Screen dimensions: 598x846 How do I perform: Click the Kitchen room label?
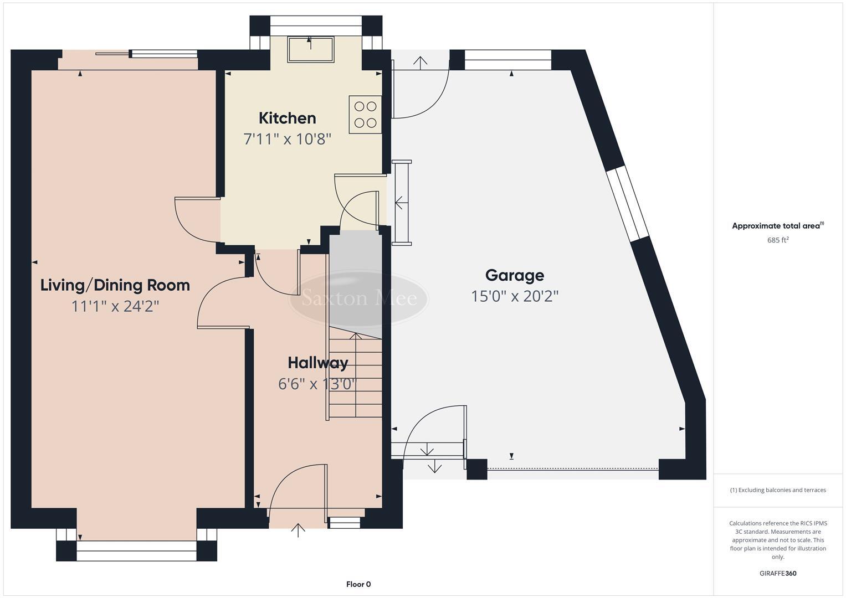pos(287,118)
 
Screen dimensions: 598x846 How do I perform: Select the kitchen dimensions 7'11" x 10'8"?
pos(287,138)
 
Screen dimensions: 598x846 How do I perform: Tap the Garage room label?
pos(514,275)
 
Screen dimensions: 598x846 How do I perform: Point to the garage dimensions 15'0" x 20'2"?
pos(514,296)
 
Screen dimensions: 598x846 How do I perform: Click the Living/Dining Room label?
pos(115,285)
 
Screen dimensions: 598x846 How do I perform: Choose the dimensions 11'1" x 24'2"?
pos(115,306)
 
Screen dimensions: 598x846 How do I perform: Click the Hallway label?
pos(317,363)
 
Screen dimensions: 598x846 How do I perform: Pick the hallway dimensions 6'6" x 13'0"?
pos(317,384)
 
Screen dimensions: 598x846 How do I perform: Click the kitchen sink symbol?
pos(310,49)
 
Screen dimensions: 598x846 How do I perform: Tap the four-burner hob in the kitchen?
pos(365,115)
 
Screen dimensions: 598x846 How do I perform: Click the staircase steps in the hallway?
pos(355,377)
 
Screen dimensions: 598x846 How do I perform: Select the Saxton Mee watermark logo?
pos(359,298)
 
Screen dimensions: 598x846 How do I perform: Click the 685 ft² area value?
pos(778,240)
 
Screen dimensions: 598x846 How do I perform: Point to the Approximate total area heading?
pos(777,226)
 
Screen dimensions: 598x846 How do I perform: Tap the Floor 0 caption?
pos(358,584)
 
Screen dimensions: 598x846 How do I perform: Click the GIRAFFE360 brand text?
pos(778,574)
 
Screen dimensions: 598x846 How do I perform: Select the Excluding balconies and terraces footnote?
pos(778,490)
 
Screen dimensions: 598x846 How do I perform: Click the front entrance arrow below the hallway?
pos(298,530)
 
